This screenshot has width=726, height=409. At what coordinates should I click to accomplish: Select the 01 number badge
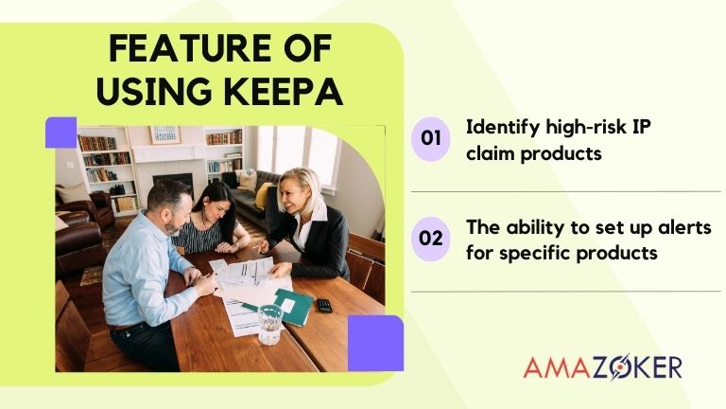pos(430,138)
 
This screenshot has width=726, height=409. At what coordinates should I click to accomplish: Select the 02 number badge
pos(430,238)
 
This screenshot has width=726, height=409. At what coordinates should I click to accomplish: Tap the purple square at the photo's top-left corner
pos(60,133)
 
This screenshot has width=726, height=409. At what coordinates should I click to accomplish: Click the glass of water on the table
pos(269,323)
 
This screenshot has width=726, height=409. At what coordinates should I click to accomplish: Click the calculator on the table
pos(324,305)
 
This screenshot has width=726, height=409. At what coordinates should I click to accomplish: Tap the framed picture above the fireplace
pos(164,134)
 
